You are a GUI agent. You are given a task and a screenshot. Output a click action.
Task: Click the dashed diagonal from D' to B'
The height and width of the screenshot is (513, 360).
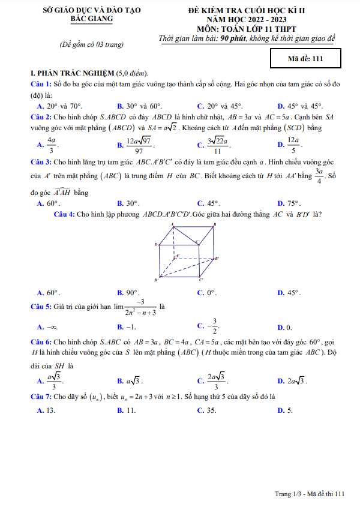pyautogui.click(x=186, y=268)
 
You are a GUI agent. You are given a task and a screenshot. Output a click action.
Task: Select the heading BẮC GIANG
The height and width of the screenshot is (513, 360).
pyautogui.click(x=91, y=19)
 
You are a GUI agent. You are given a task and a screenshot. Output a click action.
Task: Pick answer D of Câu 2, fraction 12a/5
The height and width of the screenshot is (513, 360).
pyautogui.click(x=289, y=143)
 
